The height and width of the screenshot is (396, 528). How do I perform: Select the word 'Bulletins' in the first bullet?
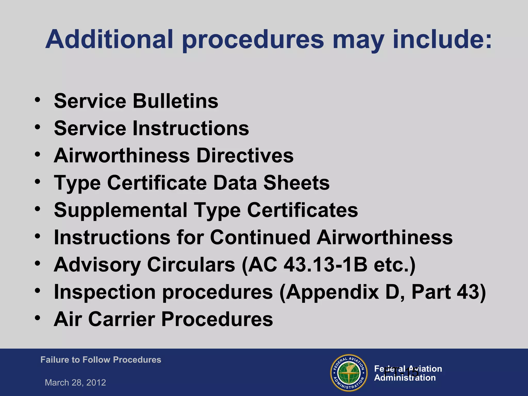coord(175,101)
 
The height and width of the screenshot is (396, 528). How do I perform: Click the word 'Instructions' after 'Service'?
coord(191,128)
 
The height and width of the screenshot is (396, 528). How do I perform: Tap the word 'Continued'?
coord(260,237)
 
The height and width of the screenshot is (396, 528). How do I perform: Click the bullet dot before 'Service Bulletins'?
coord(38,100)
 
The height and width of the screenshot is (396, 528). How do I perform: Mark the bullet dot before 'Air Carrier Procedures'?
coord(38,318)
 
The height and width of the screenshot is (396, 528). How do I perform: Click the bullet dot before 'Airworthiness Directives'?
coord(38,154)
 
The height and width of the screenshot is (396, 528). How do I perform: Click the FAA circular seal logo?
coord(349,373)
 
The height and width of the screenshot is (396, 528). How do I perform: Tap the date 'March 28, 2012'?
coord(75,383)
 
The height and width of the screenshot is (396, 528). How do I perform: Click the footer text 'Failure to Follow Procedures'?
coord(101,360)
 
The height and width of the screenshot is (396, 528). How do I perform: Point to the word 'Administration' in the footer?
coord(405,378)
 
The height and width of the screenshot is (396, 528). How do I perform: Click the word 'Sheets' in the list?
coord(296,183)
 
